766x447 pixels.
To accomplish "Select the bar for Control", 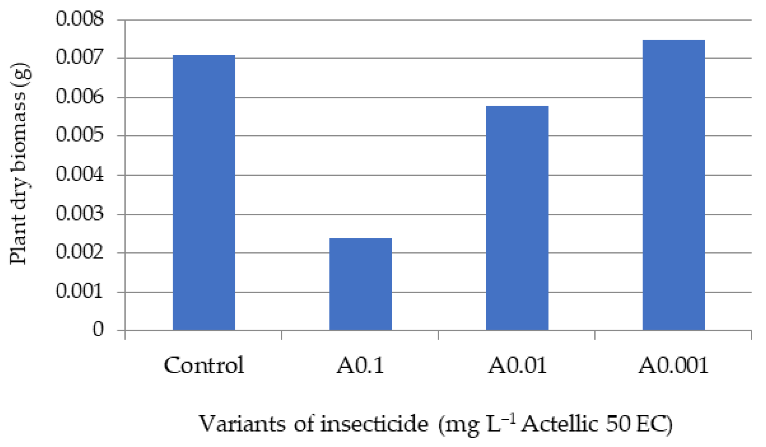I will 204,192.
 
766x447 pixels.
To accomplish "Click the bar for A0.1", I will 360,284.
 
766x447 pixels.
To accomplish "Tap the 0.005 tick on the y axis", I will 80,135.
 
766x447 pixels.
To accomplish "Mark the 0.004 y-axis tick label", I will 80,175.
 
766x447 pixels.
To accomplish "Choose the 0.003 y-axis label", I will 80,214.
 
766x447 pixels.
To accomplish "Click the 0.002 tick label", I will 80,252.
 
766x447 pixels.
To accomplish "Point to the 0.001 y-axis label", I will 80,292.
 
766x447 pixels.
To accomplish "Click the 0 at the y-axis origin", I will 98,329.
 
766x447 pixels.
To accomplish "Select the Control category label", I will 204,365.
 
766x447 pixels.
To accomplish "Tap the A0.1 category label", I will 360,365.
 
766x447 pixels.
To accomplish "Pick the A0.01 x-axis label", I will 517,365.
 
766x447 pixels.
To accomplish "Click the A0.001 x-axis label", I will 673,365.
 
